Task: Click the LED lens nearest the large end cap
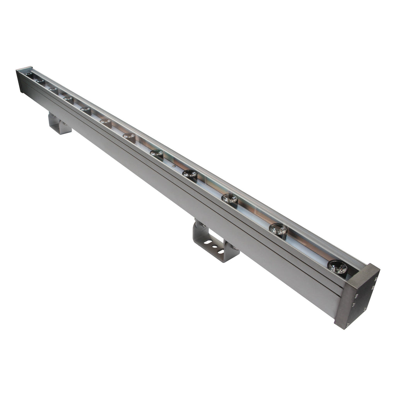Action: coord(337,267)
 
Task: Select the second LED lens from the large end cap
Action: coord(278,229)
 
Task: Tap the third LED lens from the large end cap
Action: coord(229,199)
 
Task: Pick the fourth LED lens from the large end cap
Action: coord(190,174)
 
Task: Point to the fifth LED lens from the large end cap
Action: coord(157,153)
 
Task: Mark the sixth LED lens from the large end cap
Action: coord(129,136)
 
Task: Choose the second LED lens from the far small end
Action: coord(41,82)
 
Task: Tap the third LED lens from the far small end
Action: coord(53,90)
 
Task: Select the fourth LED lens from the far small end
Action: coord(68,99)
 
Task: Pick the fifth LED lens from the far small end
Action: coord(85,110)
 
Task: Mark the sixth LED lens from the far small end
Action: coord(106,122)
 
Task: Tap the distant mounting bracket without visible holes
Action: coord(59,124)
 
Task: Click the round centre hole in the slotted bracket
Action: coord(215,247)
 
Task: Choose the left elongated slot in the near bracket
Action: coord(208,242)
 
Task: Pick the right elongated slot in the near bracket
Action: coord(221,251)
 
